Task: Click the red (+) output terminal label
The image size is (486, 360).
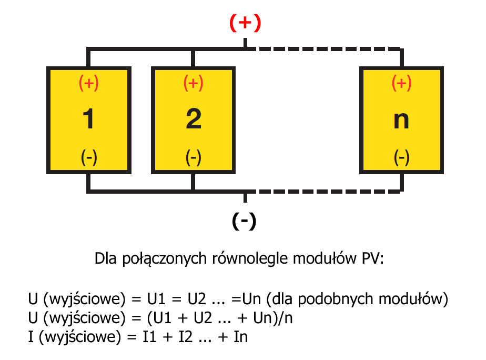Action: pyautogui.click(x=245, y=23)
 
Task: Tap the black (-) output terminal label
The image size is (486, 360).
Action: pyautogui.click(x=244, y=221)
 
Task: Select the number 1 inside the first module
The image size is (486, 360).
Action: pyautogui.click(x=88, y=119)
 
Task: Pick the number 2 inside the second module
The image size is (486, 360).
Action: pyautogui.click(x=194, y=119)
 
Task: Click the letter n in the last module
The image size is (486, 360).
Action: pyautogui.click(x=401, y=121)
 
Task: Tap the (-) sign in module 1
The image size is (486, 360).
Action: pyautogui.click(x=89, y=157)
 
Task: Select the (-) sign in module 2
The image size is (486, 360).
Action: pyautogui.click(x=194, y=157)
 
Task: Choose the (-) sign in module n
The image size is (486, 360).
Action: pyautogui.click(x=402, y=157)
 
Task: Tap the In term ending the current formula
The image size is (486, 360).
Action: pyautogui.click(x=240, y=336)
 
